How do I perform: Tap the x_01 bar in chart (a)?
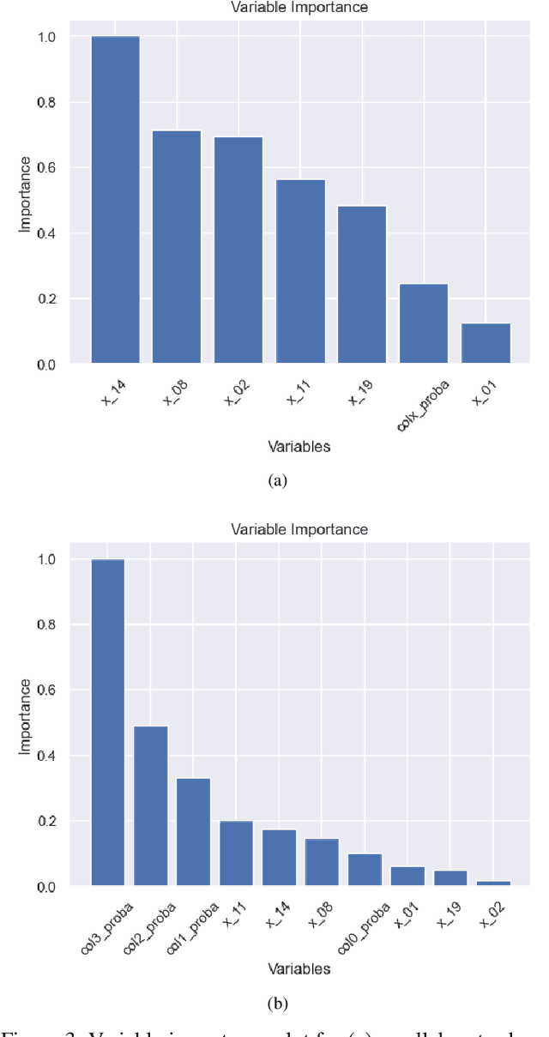click(486, 343)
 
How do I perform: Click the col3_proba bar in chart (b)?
click(108, 722)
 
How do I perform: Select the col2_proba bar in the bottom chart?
click(151, 805)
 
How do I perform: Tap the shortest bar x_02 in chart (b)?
click(493, 883)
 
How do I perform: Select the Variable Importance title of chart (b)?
click(299, 529)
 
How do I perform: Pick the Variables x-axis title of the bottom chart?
click(299, 968)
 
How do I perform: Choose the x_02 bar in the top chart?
click(238, 250)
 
